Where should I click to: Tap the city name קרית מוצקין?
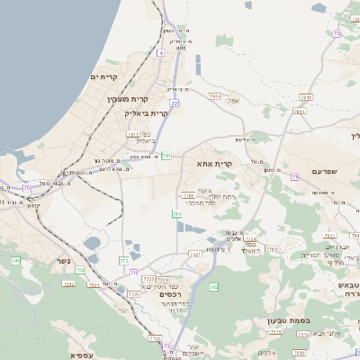(x=127, y=99)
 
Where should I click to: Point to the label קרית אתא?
(x=214, y=165)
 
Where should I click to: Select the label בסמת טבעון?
(x=288, y=320)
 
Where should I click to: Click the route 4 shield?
(x=160, y=53)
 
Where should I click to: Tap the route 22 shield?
(x=174, y=103)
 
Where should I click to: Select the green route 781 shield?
(x=166, y=156)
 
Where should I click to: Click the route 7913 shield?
(x=214, y=94)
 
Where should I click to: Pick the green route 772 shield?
(x=123, y=261)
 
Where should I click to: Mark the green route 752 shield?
(x=79, y=269)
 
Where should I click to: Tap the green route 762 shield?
(x=213, y=287)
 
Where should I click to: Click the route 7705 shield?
(x=273, y=248)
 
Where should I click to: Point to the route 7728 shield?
(x=154, y=338)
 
